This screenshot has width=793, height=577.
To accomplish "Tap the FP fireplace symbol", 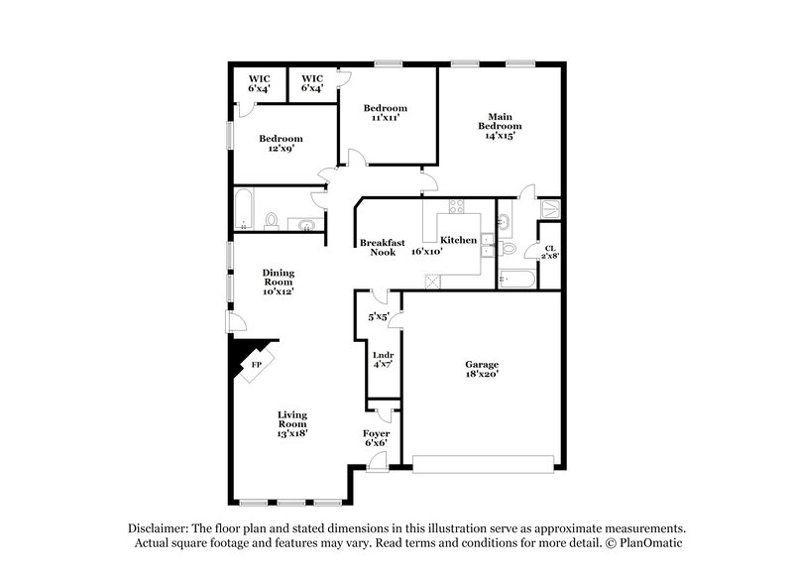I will pos(256,365).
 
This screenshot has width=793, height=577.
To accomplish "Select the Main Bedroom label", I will pos(500,121).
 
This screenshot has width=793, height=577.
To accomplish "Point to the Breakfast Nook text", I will pos(378,247).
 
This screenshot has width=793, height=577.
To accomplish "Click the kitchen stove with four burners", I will pos(457,207).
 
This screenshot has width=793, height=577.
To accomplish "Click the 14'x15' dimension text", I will pos(500,137).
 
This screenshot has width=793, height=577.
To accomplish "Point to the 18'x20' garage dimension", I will pos(482,375).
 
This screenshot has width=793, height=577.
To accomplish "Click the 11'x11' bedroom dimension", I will pos(386,118).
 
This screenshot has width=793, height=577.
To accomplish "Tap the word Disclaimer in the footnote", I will pos(160,528).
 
